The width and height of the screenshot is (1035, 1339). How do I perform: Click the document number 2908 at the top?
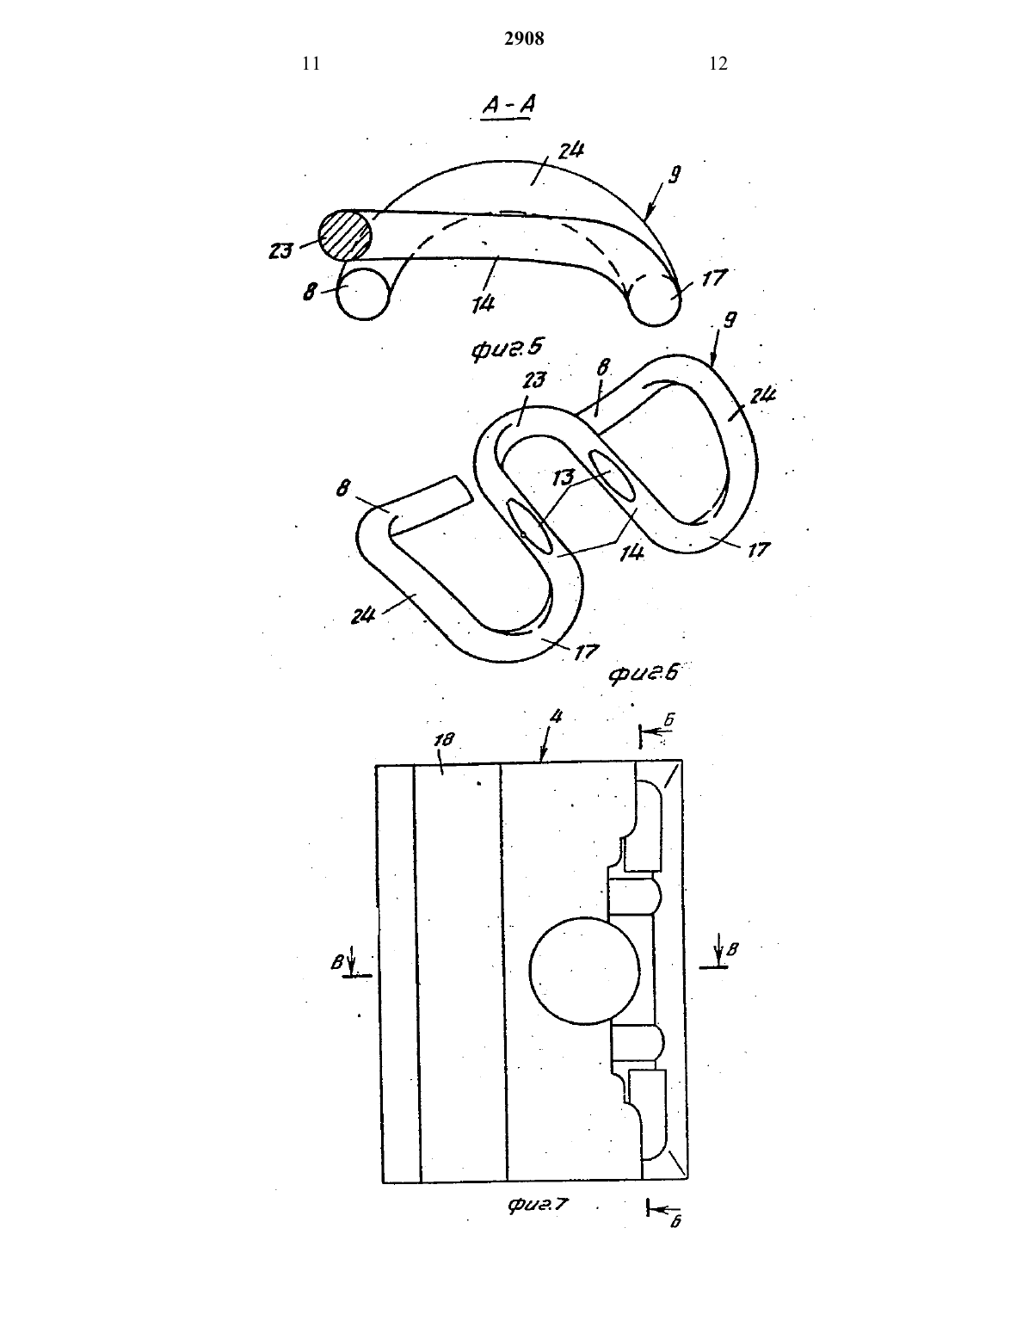[x=524, y=39]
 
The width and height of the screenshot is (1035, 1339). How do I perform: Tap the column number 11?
[x=311, y=64]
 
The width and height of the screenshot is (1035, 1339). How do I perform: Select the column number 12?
[x=718, y=64]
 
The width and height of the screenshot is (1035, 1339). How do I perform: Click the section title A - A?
[x=508, y=105]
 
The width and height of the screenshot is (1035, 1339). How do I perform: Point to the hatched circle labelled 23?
[x=345, y=236]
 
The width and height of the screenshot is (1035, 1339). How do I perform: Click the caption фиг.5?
[x=507, y=349]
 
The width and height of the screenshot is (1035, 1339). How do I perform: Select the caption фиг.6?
[x=644, y=673]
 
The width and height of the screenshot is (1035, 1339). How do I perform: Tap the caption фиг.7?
[x=538, y=1203]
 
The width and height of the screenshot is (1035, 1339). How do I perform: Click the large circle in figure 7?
[x=584, y=971]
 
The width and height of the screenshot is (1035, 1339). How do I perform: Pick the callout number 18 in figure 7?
[x=444, y=739]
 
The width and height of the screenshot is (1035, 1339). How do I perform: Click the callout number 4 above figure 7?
[x=557, y=717]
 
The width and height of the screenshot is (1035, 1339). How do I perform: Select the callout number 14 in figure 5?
[x=484, y=303]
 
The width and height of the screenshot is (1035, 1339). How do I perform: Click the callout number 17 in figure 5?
[x=714, y=278]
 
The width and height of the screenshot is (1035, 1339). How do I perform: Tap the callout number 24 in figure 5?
[x=571, y=151]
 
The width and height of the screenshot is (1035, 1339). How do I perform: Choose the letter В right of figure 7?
[x=732, y=949]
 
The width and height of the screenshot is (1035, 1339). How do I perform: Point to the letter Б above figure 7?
[x=669, y=719]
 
